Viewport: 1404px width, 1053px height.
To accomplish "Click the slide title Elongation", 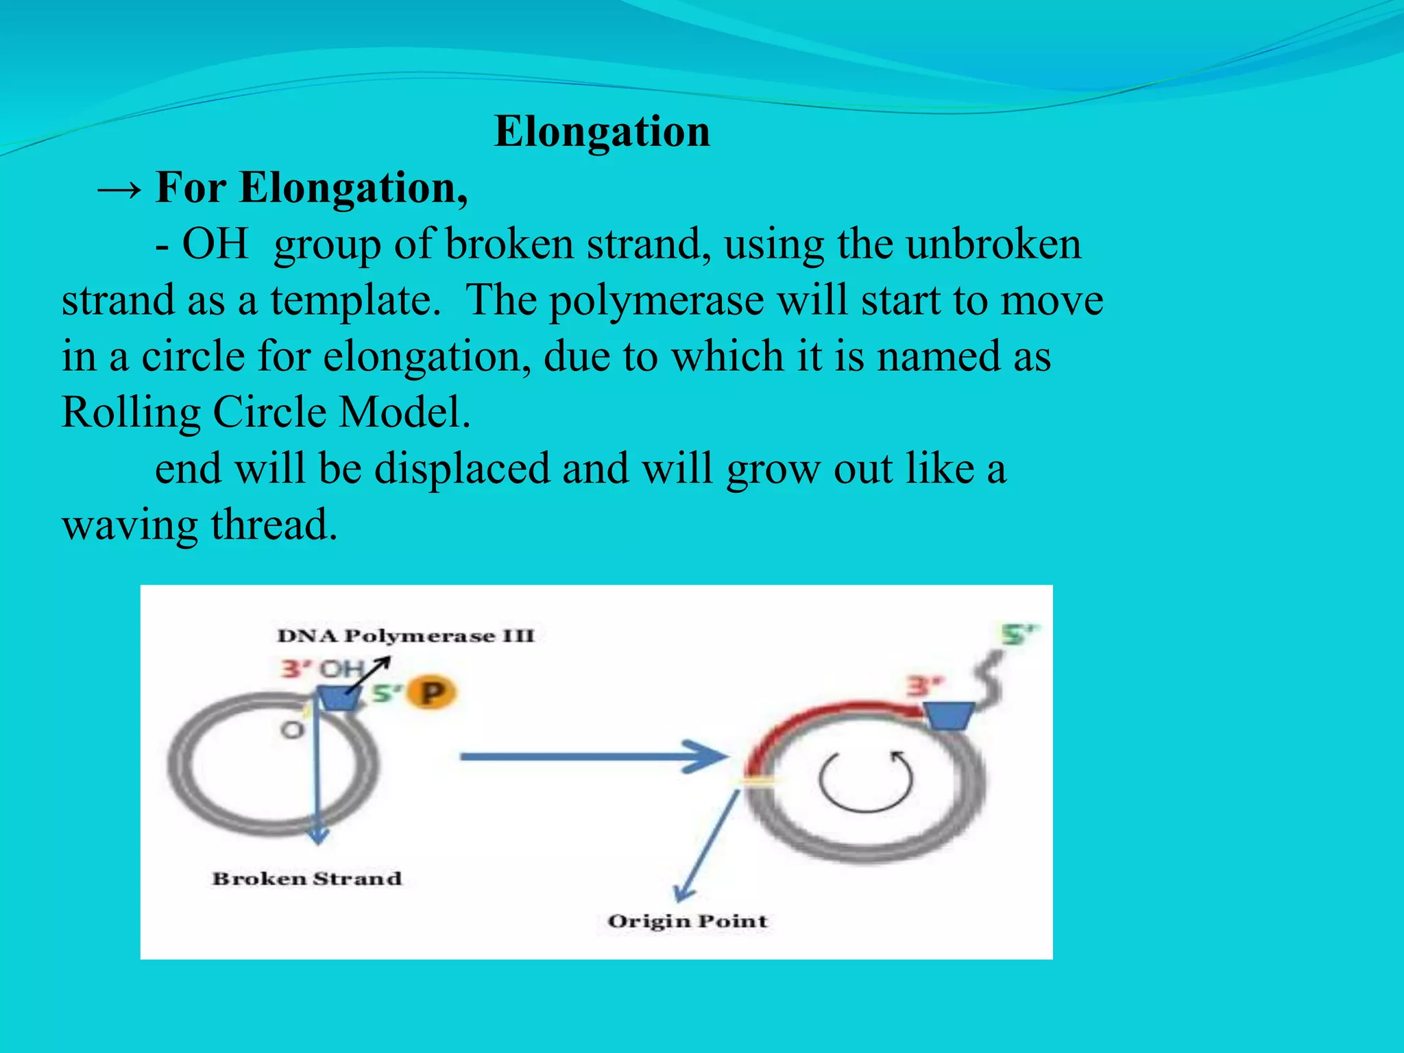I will point(601,131).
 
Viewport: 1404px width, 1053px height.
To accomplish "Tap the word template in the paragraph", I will point(354,300).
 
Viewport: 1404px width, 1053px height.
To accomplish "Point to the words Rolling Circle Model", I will point(265,413).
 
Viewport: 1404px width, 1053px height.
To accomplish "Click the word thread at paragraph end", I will point(274,525).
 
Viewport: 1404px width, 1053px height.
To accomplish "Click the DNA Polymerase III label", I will point(405,636).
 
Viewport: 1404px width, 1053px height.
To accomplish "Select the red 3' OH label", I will point(321,668).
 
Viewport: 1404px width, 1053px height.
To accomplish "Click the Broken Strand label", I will point(306,878).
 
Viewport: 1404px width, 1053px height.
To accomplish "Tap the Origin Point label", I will point(687,921).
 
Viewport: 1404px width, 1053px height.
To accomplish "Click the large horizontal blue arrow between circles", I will point(590,757).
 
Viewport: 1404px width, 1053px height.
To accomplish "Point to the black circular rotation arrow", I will point(866,782).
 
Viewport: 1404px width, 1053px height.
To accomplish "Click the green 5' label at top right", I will point(1019,634).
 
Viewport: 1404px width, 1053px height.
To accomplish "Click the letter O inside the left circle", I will point(292,729).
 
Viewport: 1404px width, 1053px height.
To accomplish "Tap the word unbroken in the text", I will point(993,244).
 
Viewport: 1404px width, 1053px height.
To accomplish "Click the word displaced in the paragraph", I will point(462,469).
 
